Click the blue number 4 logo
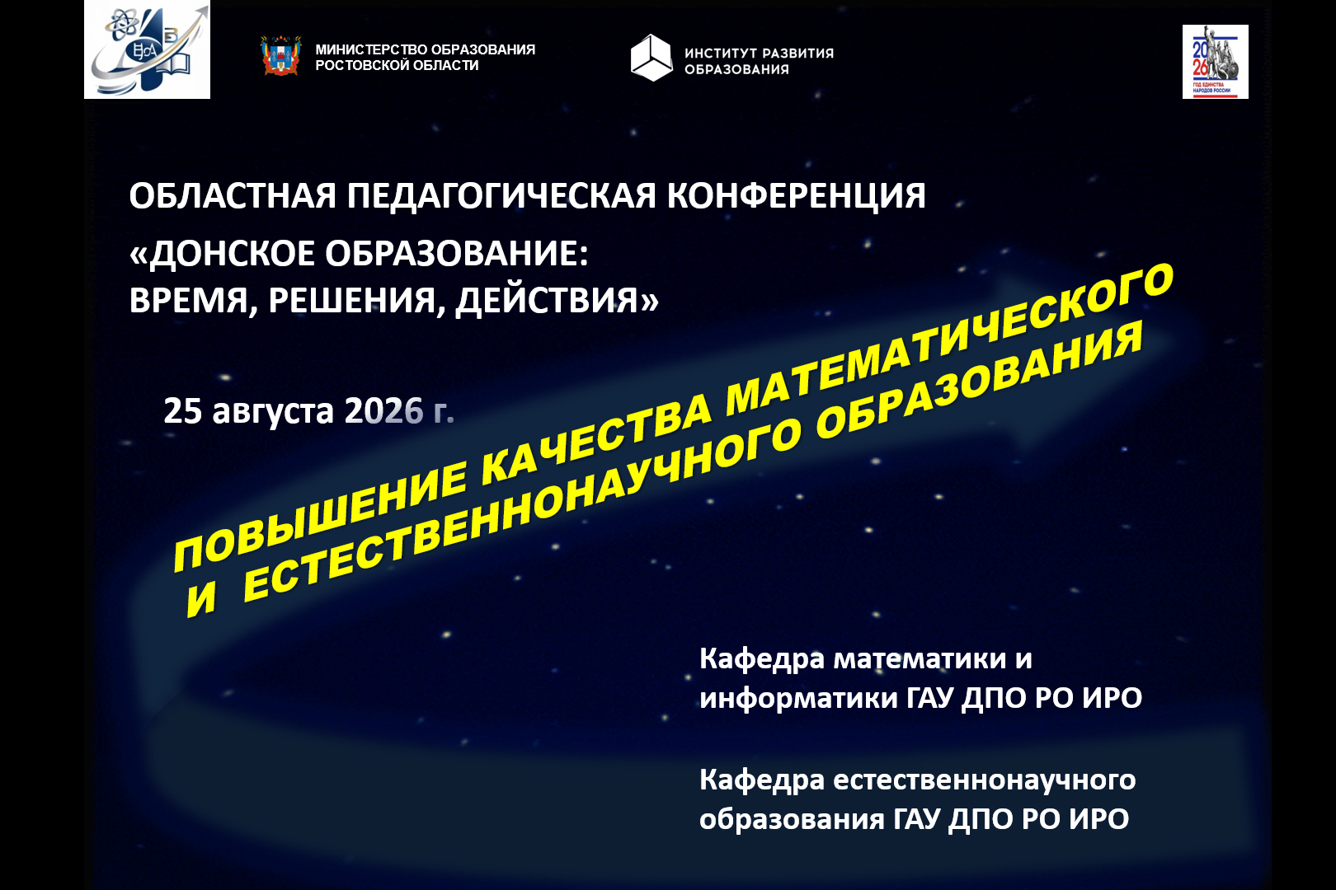(x=148, y=49)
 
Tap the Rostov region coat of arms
(x=281, y=56)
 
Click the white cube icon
(x=652, y=58)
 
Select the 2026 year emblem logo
(x=1216, y=62)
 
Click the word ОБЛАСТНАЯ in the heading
(x=233, y=195)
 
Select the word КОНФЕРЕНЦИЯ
(x=796, y=195)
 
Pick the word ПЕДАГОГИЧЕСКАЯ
(x=501, y=195)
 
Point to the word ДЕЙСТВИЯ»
(x=557, y=300)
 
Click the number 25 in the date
(x=182, y=410)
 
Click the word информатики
(x=798, y=698)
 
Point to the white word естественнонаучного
(x=984, y=780)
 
